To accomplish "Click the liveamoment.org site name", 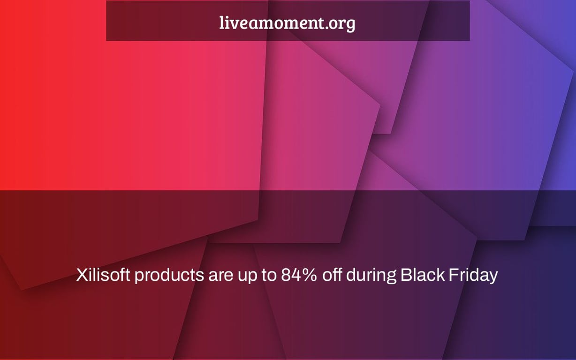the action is click(x=287, y=23).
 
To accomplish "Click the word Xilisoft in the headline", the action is click(x=103, y=275).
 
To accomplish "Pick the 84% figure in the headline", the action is click(x=298, y=275).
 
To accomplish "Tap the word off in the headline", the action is click(x=332, y=275).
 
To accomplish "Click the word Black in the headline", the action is click(x=423, y=275).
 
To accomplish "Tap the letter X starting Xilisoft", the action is click(x=83, y=275).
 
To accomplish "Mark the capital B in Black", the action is click(x=407, y=275).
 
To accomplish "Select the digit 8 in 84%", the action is click(x=286, y=275).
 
